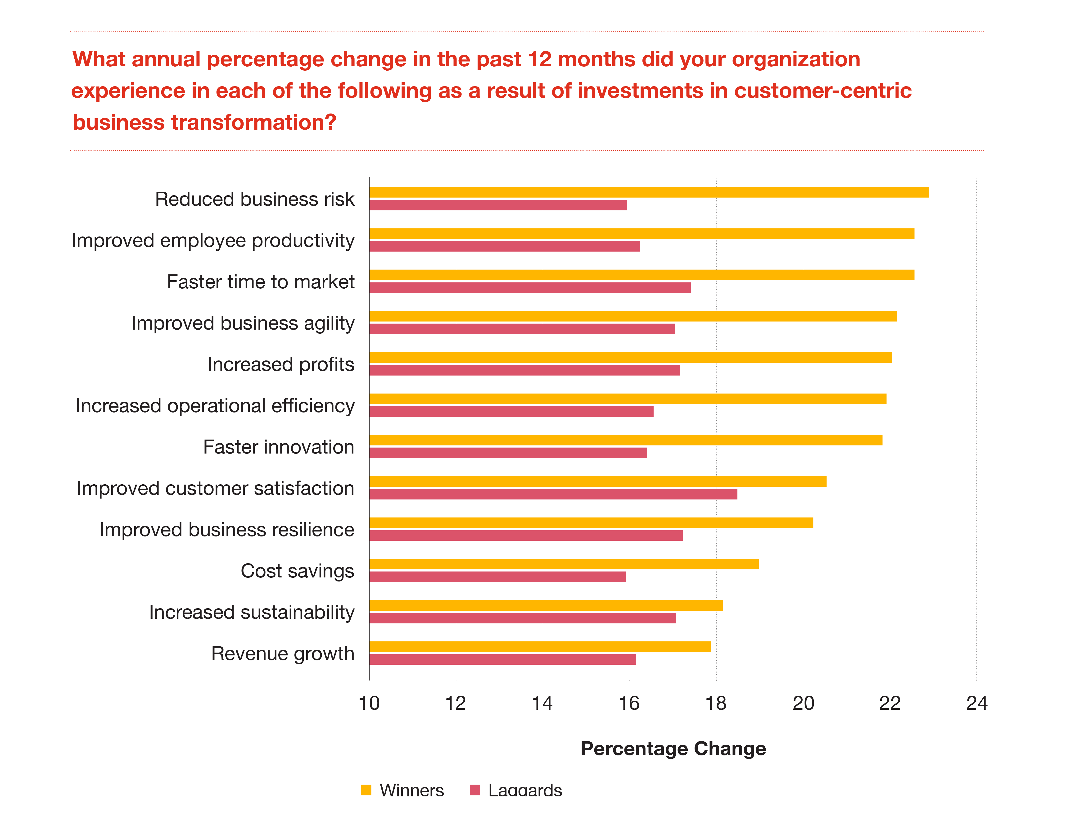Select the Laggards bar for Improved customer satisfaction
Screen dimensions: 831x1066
click(553, 494)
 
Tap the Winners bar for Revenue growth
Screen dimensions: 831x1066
click(540, 646)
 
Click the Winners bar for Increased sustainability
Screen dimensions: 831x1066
click(546, 605)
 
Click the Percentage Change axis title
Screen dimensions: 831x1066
click(673, 749)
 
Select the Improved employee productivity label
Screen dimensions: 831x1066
click(213, 241)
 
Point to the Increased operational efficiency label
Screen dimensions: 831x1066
click(215, 406)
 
